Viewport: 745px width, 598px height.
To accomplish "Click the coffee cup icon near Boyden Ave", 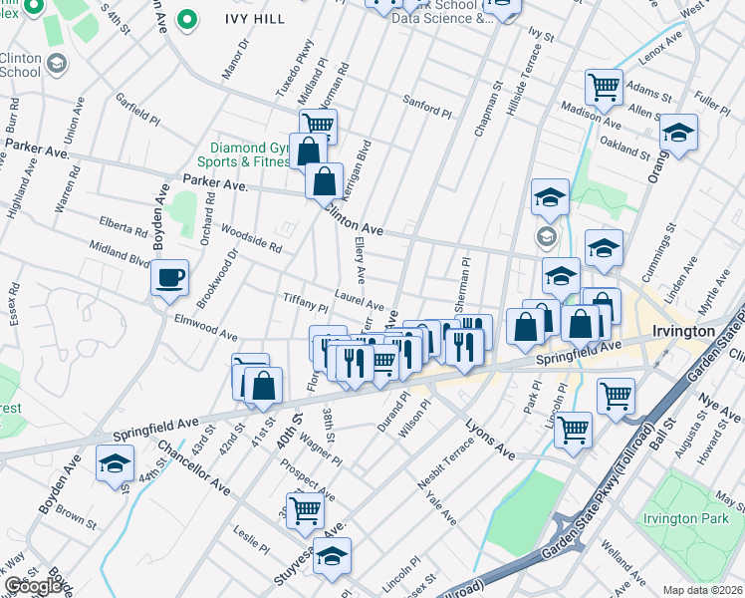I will [x=170, y=277].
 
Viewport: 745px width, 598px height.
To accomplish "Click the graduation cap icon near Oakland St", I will [x=678, y=133].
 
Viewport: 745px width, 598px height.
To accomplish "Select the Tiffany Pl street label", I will [x=306, y=302].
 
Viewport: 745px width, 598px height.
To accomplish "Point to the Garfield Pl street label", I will [x=137, y=111].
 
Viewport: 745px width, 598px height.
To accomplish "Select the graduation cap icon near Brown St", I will [x=115, y=463].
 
